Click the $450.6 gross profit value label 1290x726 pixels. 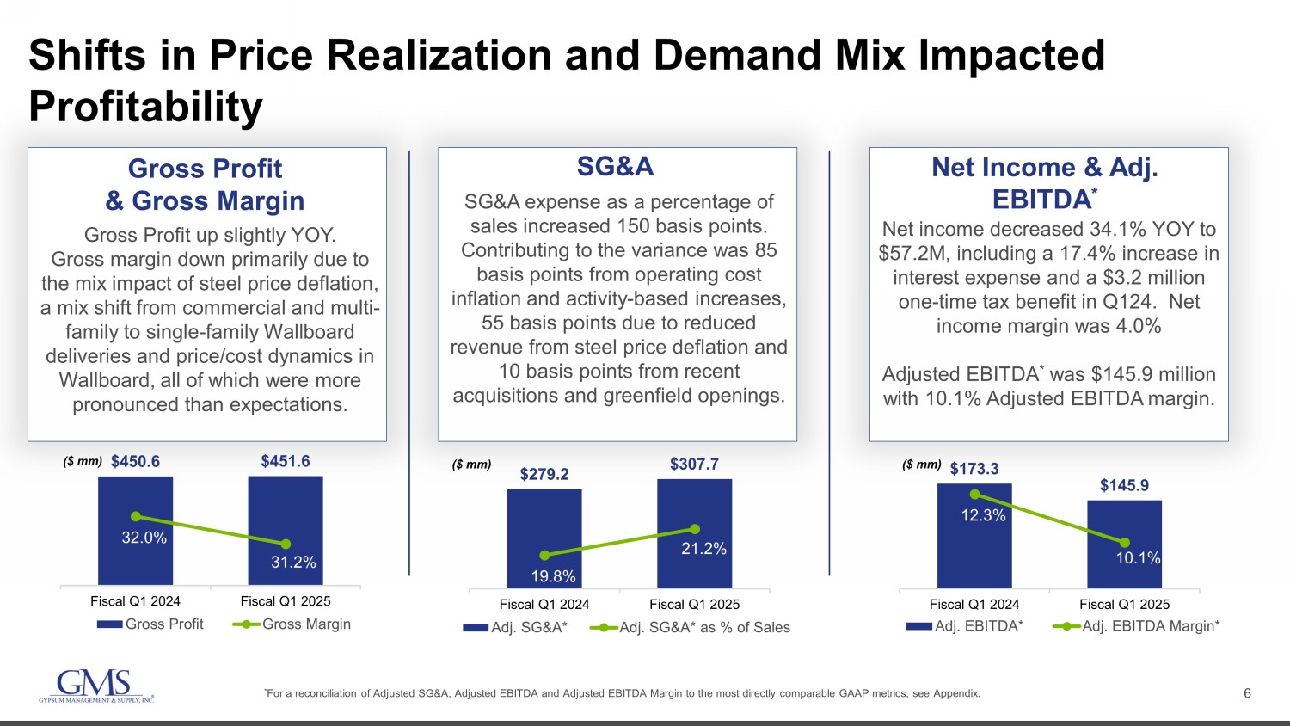[135, 462]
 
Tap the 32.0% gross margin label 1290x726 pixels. [144, 538]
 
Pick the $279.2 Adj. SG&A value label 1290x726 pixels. [544, 474]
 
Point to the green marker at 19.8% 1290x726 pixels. [544, 556]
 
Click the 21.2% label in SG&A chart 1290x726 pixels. [703, 549]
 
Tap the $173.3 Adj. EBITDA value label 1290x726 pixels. [974, 469]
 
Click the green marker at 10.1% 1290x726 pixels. [1125, 542]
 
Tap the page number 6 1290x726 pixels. [1248, 693]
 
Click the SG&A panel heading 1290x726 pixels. [616, 167]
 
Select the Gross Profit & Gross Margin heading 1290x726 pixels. [206, 184]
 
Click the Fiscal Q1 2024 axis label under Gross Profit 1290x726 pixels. [136, 601]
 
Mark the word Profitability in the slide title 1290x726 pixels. [146, 108]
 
